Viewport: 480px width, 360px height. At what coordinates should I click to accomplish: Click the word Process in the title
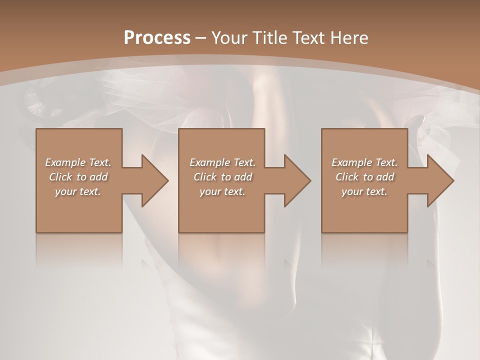(157, 38)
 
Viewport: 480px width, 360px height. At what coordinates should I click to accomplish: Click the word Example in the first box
(65, 162)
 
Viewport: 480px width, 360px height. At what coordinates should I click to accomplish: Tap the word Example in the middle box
(209, 162)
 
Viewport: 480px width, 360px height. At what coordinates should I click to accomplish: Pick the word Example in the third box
(351, 162)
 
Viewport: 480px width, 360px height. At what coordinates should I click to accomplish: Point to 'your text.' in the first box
(78, 191)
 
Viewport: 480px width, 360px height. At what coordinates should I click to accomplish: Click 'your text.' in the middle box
(222, 191)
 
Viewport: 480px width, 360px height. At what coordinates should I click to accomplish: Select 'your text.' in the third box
(364, 191)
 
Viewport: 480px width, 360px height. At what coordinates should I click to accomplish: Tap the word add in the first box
(99, 177)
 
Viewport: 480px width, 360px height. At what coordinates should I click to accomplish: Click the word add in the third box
(385, 177)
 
